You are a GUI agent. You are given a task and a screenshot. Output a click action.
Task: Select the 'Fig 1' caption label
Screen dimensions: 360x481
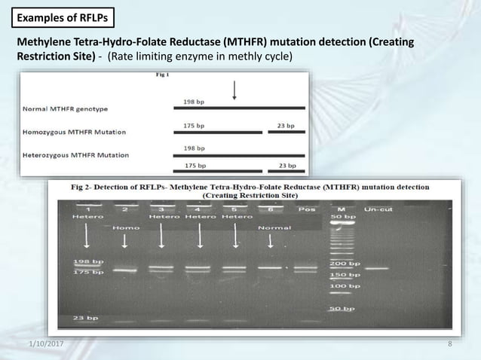(162, 75)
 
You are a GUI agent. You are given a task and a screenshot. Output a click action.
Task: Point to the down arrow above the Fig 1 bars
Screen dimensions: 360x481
(235, 90)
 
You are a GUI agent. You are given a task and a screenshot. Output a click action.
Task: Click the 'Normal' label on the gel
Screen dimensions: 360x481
(271, 227)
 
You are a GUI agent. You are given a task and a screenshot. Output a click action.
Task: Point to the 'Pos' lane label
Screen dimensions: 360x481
(307, 209)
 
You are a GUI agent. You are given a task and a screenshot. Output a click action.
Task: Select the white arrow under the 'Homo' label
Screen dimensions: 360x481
(124, 241)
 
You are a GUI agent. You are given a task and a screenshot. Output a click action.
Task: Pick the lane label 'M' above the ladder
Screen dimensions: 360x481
(341, 209)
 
